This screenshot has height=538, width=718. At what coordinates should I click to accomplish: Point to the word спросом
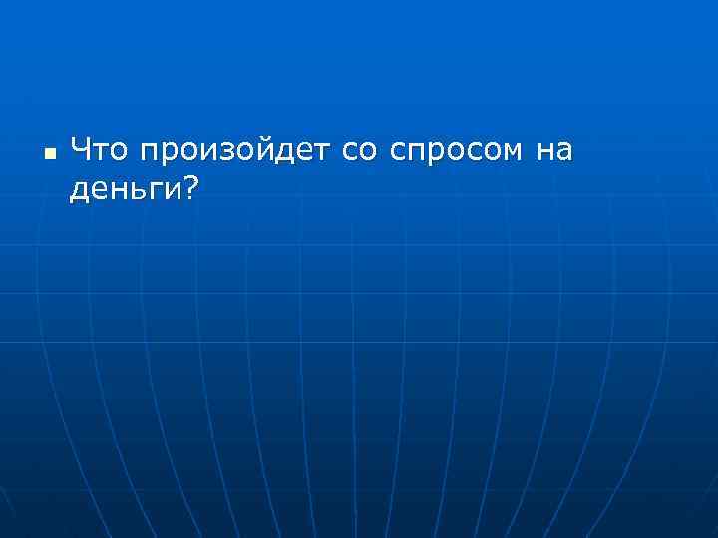pyautogui.click(x=456, y=153)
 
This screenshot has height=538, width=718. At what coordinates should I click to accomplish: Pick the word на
pyautogui.click(x=554, y=152)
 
